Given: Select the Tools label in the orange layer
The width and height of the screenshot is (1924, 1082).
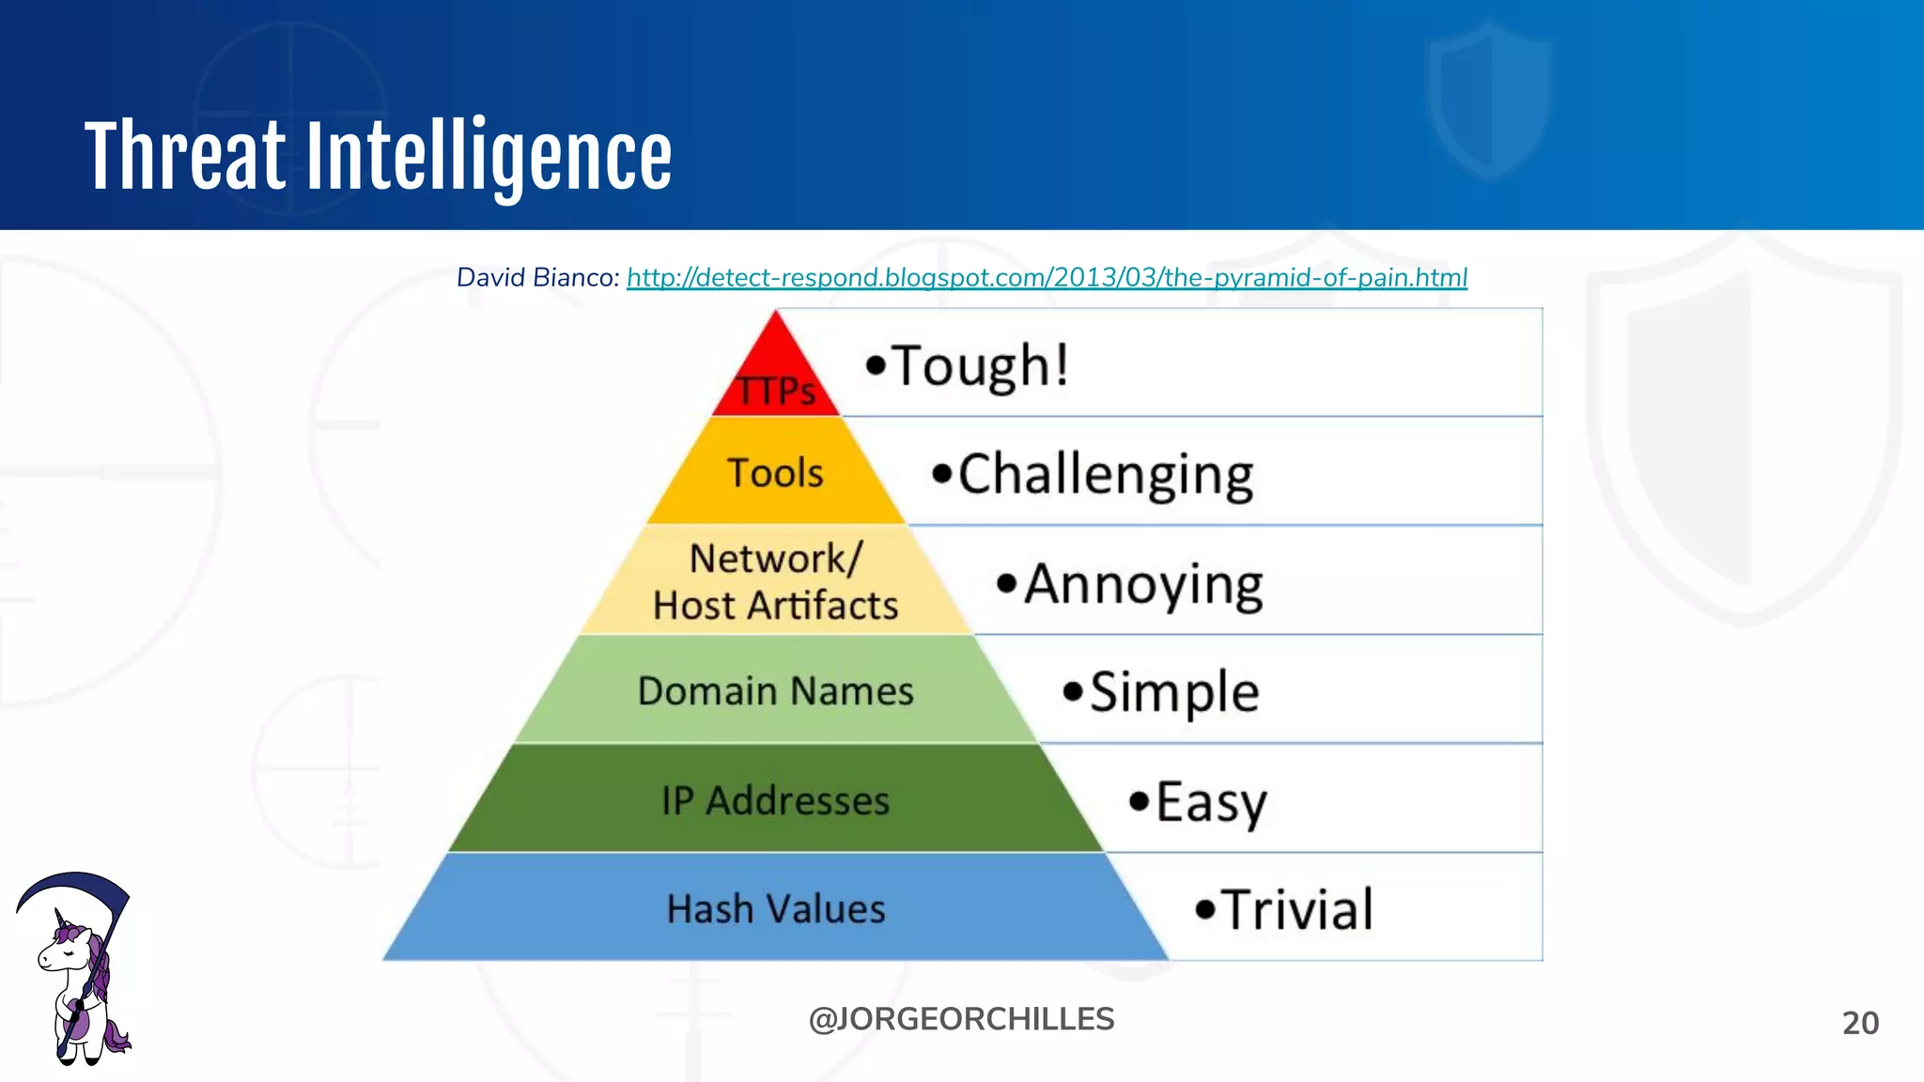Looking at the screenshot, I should click(x=776, y=472).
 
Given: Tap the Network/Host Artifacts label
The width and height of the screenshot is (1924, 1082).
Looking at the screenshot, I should click(x=776, y=582).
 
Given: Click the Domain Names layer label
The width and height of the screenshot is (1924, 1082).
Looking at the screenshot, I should click(x=776, y=691).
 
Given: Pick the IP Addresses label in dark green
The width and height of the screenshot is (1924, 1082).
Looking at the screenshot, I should click(x=776, y=801).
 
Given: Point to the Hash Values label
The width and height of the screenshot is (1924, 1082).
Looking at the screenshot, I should click(x=776, y=909).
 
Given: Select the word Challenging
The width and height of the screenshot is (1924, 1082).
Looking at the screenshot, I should click(x=1105, y=474).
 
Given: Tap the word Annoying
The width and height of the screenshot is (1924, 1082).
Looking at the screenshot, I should click(x=1142, y=584).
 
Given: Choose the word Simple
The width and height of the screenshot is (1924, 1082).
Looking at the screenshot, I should click(x=1173, y=693).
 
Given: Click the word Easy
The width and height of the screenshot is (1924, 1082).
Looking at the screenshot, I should click(x=1210, y=803).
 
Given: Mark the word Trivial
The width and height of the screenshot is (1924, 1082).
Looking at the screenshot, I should click(x=1296, y=910).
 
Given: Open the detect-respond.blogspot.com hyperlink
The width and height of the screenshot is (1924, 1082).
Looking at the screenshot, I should click(x=1047, y=278).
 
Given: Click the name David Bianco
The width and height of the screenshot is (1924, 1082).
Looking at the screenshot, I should click(x=535, y=278).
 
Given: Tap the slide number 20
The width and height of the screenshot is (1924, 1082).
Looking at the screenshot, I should click(x=1860, y=1023).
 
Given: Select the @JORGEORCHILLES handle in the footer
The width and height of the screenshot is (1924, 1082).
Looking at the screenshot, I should click(x=961, y=1019).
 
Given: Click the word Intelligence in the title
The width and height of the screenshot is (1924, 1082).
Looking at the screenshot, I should click(x=489, y=156).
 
